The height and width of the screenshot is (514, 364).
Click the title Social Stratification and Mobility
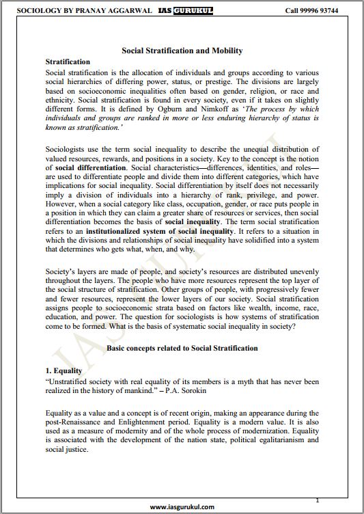(x=182, y=51)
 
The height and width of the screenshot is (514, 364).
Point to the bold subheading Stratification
(x=67, y=62)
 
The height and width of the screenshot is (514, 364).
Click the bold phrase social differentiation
(x=91, y=167)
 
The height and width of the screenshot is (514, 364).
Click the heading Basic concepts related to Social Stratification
(x=182, y=348)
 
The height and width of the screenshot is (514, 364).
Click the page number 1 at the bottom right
(x=317, y=500)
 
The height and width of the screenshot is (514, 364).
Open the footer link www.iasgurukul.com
(x=182, y=507)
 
